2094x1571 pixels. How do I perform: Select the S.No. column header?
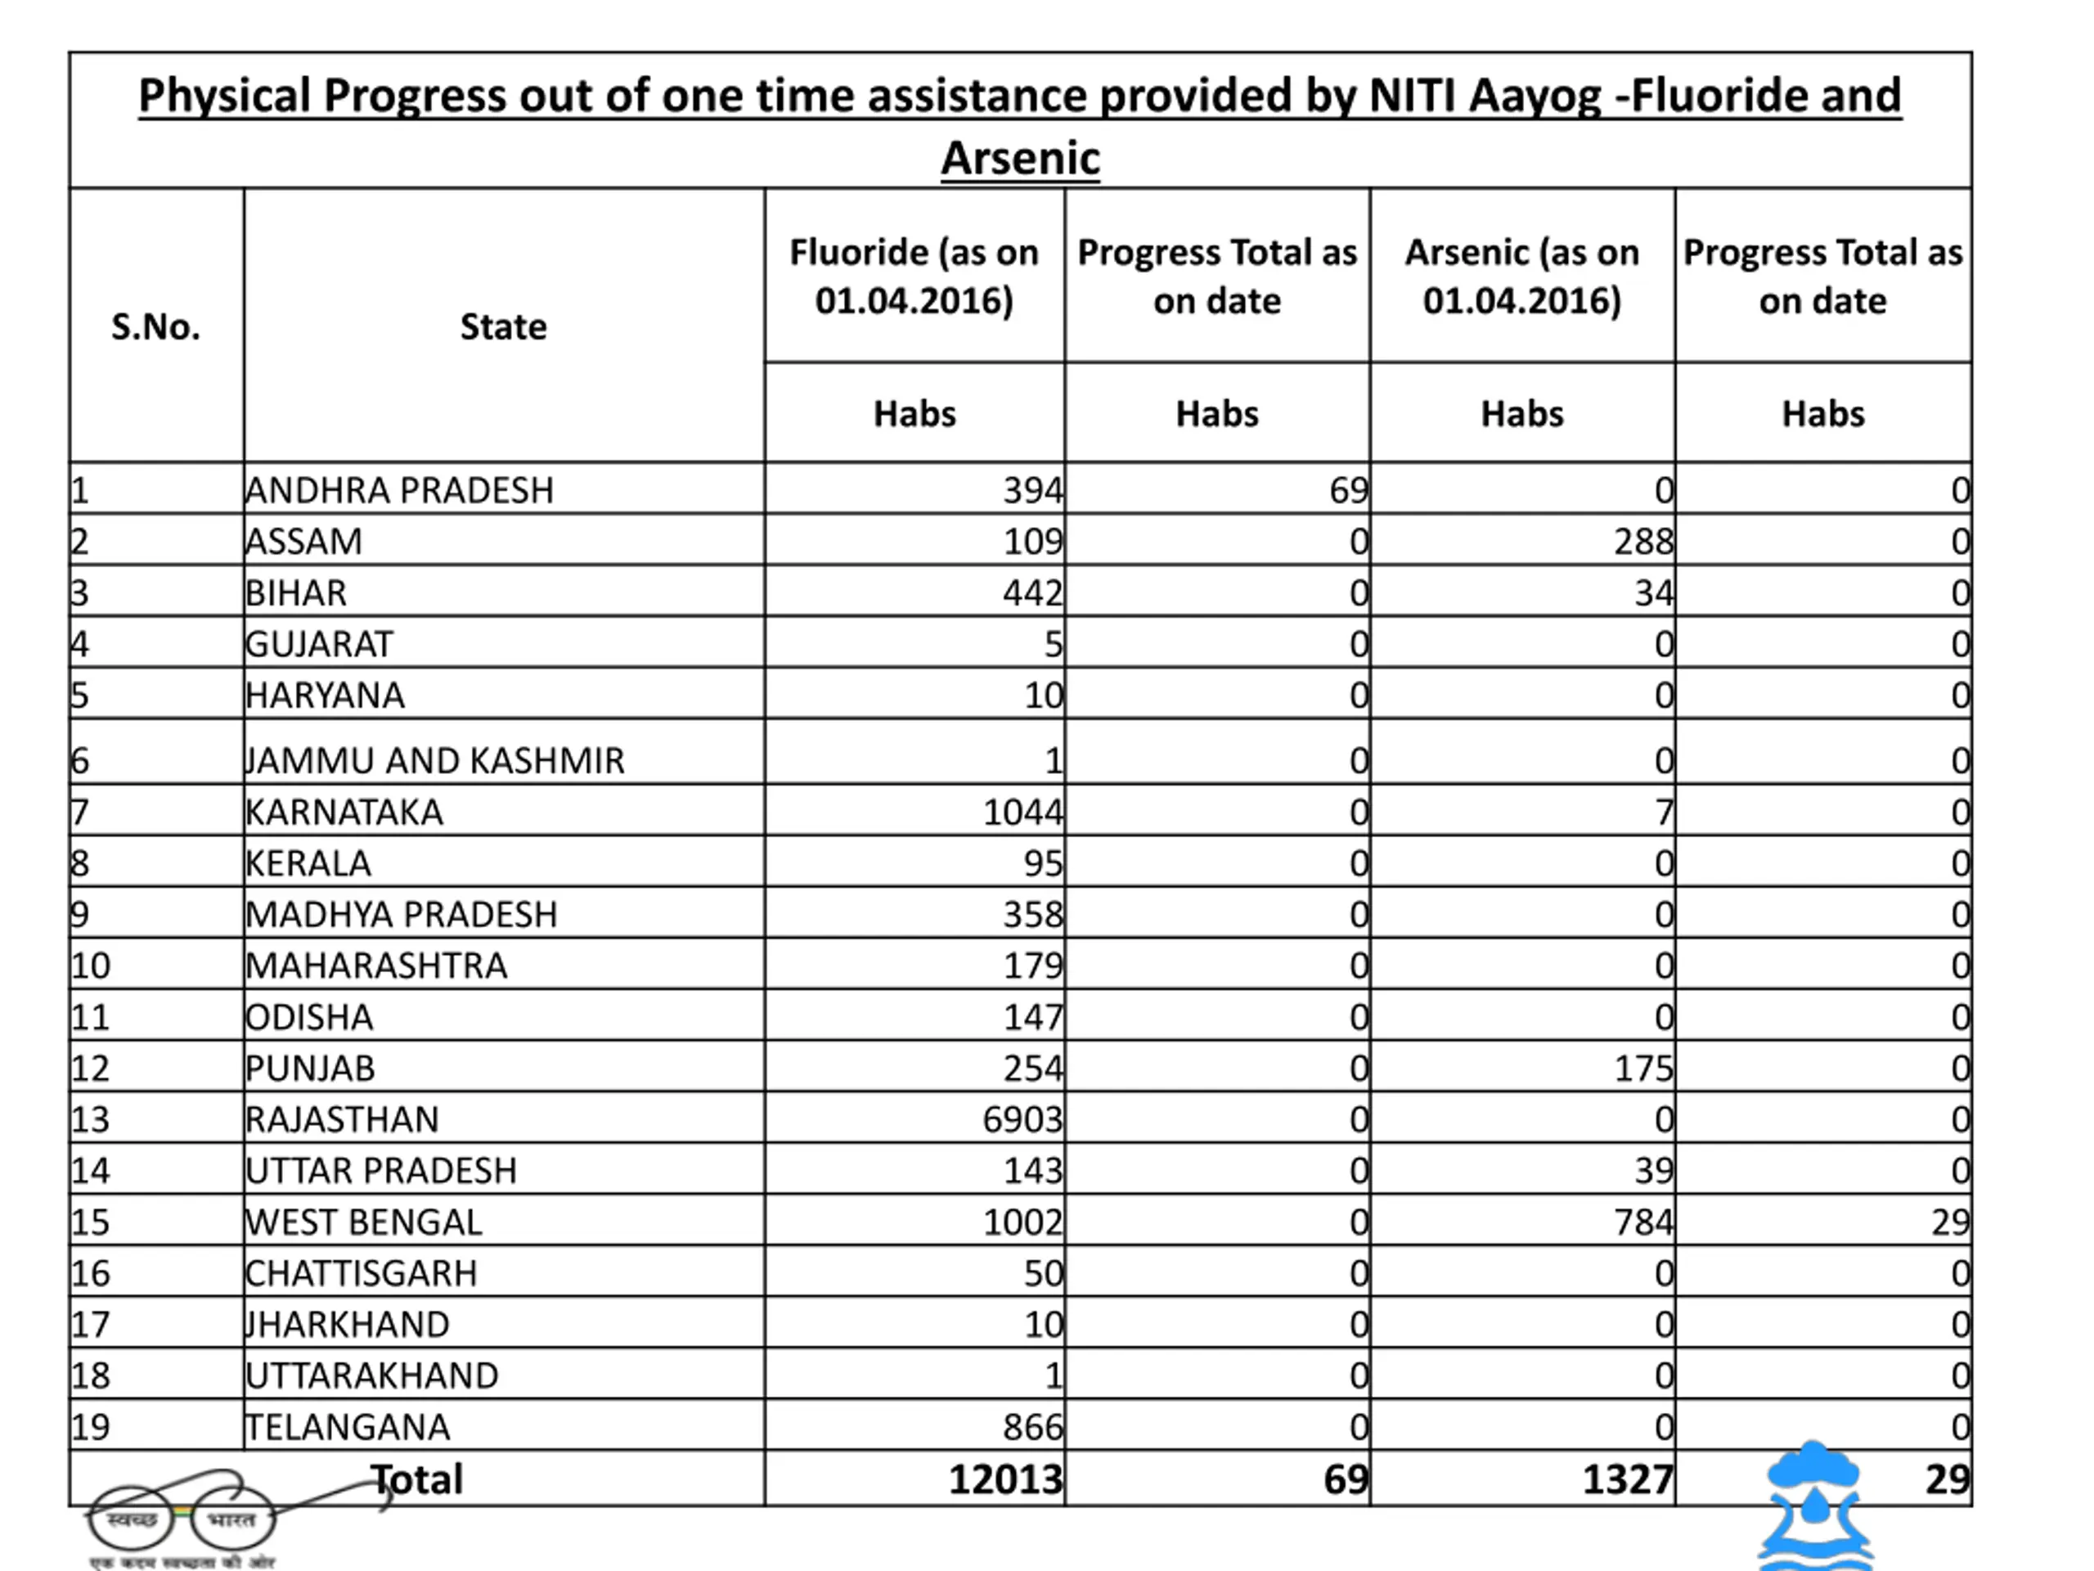[155, 326]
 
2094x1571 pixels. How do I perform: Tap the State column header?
[503, 326]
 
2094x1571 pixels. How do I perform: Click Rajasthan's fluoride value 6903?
[1022, 1119]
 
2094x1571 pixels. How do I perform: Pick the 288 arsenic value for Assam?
[1643, 542]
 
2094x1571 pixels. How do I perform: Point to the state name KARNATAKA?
[344, 813]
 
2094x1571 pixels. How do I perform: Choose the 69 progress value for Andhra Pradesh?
[1348, 490]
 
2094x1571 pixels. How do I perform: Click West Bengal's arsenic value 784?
[1643, 1222]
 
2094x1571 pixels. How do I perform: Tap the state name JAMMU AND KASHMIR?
[434, 760]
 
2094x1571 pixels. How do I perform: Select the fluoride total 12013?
[1005, 1479]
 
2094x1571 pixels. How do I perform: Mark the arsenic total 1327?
[1627, 1479]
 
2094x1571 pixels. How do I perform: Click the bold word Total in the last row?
[416, 1479]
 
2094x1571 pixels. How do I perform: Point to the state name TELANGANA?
[348, 1427]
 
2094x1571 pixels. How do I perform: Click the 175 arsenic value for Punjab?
[1643, 1068]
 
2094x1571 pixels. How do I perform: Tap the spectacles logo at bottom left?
[180, 1520]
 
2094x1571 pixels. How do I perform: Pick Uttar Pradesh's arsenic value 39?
[1653, 1170]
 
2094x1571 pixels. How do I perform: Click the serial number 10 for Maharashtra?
[91, 966]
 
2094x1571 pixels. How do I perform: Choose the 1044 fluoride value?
[1022, 813]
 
